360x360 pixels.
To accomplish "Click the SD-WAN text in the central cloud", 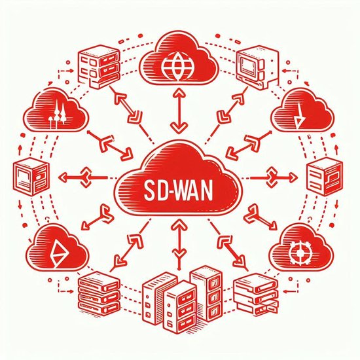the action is click(178, 191).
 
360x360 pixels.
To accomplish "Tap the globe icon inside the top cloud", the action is click(177, 67).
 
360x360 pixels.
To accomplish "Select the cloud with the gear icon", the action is click(302, 248).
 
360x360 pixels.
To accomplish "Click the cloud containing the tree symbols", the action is click(56, 110).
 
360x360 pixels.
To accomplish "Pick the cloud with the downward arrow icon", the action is click(302, 110).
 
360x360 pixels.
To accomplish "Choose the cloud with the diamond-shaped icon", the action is click(58, 247).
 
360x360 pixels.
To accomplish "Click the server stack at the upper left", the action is click(99, 67).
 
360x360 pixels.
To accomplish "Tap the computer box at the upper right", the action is click(258, 67).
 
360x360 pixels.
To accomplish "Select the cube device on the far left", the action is click(31, 176).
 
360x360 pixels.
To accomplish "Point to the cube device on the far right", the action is click(325, 176).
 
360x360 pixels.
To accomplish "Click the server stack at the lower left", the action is click(99, 295).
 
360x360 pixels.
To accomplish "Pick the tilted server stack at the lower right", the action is click(256, 295).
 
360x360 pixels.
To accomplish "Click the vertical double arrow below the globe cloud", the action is click(178, 111).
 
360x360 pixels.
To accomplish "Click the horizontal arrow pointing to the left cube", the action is click(82, 177).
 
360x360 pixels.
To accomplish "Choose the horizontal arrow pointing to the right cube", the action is click(274, 177).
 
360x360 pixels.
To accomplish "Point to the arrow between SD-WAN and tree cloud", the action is click(110, 145).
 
